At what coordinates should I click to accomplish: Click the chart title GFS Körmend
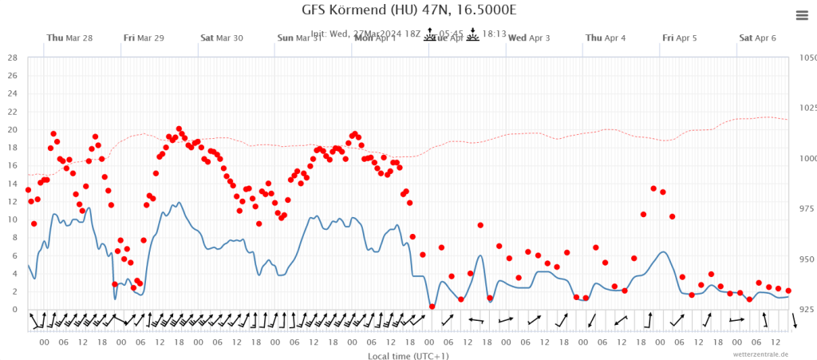[408, 10]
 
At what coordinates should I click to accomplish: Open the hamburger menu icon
[802, 15]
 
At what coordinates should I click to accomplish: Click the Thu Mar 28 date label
[69, 38]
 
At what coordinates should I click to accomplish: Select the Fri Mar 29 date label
[144, 38]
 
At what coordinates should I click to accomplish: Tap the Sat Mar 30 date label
[222, 38]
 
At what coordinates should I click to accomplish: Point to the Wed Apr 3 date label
[529, 38]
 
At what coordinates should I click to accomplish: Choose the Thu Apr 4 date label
[606, 38]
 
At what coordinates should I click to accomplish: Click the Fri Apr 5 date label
[679, 38]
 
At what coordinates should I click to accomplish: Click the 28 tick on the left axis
[11, 57]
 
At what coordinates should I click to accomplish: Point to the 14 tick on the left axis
[11, 184]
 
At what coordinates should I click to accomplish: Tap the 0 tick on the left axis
[14, 310]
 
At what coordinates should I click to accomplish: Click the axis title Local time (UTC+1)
[408, 355]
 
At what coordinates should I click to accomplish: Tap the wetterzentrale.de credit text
[761, 354]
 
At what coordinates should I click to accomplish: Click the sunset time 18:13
[495, 34]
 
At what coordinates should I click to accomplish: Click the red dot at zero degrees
[432, 307]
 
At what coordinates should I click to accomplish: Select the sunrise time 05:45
[450, 34]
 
